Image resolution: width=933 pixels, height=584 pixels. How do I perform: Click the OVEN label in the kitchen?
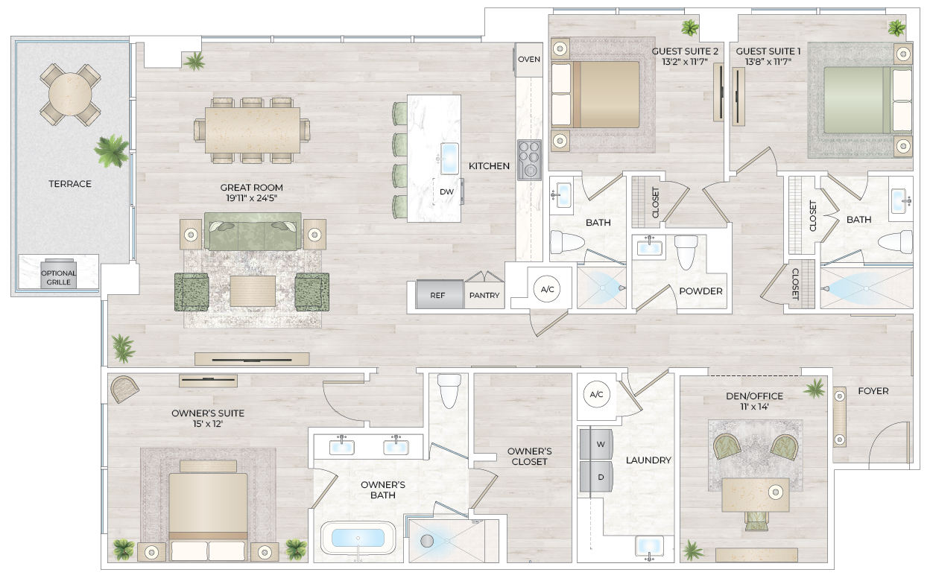pos(529,60)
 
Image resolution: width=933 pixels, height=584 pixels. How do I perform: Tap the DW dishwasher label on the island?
pos(446,191)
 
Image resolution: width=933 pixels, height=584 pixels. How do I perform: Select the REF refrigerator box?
pos(437,295)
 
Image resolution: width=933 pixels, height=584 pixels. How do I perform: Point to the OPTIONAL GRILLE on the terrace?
pos(58,277)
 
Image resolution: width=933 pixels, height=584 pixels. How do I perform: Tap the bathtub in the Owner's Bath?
pos(358,538)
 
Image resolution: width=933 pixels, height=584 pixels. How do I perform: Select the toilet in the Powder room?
pos(686,251)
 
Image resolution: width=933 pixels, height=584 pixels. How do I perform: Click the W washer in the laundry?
pos(600,444)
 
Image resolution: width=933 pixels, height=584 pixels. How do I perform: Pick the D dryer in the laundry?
pos(600,475)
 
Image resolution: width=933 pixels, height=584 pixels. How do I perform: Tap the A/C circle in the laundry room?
pos(596,394)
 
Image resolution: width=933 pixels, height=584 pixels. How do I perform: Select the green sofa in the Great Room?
pos(253,232)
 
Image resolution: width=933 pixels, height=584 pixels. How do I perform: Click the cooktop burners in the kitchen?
pos(529,159)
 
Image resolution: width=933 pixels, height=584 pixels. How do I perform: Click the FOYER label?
pos(873,390)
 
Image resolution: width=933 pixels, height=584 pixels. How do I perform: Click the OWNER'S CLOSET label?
pos(529,456)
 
